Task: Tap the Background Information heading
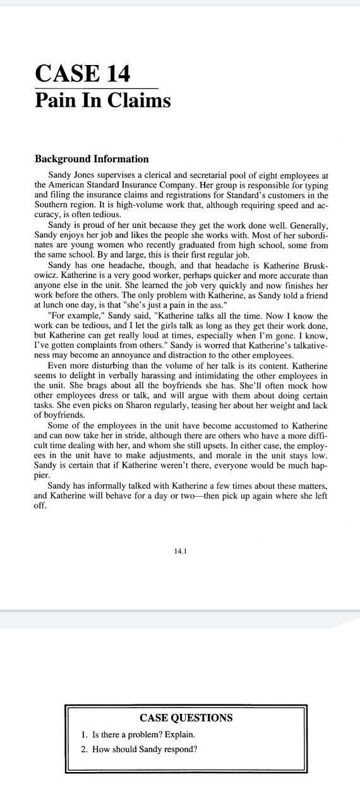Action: click(x=92, y=159)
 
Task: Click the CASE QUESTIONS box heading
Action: click(x=186, y=718)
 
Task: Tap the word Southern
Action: click(x=51, y=206)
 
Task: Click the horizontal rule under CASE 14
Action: click(x=96, y=88)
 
